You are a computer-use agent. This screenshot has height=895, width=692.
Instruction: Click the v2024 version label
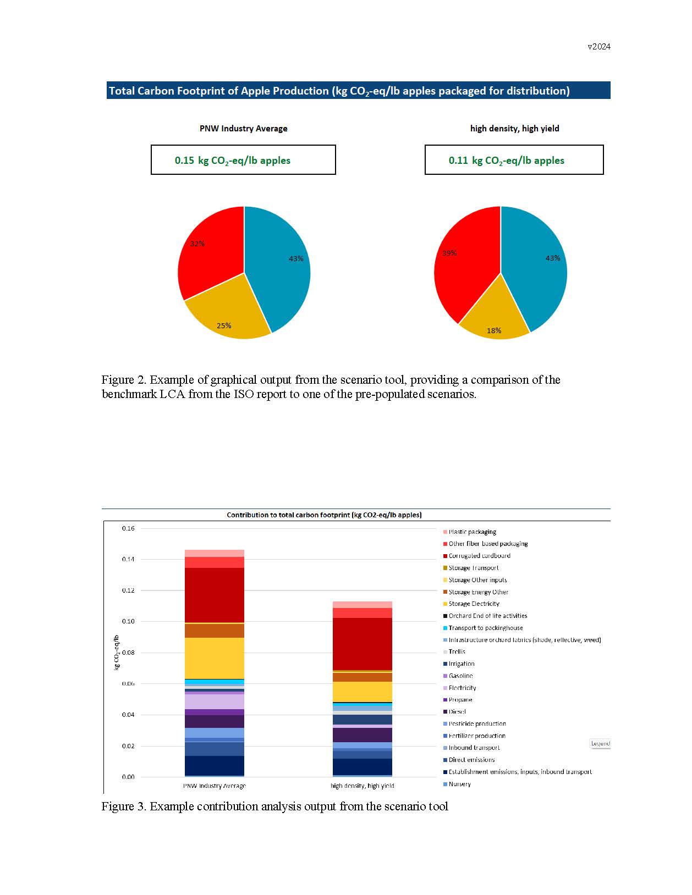[x=598, y=47]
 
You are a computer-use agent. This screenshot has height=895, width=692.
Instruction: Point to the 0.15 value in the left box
[x=184, y=161]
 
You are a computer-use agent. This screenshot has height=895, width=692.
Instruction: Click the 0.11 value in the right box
[x=458, y=161]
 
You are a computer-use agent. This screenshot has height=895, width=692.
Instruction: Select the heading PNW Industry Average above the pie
[x=243, y=129]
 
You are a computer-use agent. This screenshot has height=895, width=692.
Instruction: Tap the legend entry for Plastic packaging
[x=472, y=532]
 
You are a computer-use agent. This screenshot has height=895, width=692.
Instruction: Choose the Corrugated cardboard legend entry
[x=479, y=556]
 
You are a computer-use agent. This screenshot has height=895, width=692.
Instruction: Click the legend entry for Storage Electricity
[x=474, y=604]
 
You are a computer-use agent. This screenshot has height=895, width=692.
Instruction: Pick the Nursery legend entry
[x=459, y=784]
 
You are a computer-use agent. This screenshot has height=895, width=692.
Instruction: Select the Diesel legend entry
[x=457, y=712]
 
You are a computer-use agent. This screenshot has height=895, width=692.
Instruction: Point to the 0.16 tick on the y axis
[x=128, y=528]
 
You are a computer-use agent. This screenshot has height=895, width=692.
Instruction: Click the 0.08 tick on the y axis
[x=128, y=653]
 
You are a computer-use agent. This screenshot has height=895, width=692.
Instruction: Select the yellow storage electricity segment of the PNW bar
[x=215, y=658]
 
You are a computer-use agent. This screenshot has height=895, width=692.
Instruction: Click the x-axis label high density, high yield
[x=362, y=786]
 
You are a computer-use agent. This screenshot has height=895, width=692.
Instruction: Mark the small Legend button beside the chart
[x=600, y=743]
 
